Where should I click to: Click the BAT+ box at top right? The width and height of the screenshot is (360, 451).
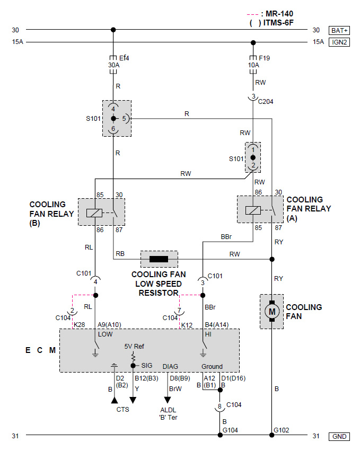coord(339,30)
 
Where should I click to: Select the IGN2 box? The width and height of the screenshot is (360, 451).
coord(339,42)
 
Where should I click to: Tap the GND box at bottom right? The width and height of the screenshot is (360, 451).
coord(339,436)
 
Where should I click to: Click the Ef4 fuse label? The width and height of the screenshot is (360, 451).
coord(124,58)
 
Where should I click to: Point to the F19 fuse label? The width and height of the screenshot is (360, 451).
coord(264,58)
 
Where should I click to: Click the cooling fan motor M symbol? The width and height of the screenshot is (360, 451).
coord(272,311)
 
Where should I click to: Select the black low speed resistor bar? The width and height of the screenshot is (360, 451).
coord(159,259)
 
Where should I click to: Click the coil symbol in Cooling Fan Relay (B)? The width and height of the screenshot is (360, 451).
coord(94,213)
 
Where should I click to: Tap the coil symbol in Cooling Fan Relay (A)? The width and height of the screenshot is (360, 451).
coord(253,210)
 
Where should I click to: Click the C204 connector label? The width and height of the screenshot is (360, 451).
coord(266,102)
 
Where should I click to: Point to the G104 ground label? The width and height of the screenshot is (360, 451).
coord(230,430)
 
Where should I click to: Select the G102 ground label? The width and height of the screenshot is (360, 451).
coord(281,430)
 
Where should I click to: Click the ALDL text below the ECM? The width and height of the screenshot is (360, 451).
coord(168,410)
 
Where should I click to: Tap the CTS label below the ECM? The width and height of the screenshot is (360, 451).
coord(122,409)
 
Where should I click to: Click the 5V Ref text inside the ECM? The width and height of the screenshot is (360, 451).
coord(134,346)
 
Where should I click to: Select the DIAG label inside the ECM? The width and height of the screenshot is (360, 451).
coord(170,366)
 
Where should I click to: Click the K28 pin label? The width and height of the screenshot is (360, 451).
coord(80,325)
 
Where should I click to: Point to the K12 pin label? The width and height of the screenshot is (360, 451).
coord(187,325)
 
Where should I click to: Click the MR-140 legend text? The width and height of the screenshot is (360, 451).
coord(279,14)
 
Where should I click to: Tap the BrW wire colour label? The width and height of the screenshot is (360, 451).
coord(175,389)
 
